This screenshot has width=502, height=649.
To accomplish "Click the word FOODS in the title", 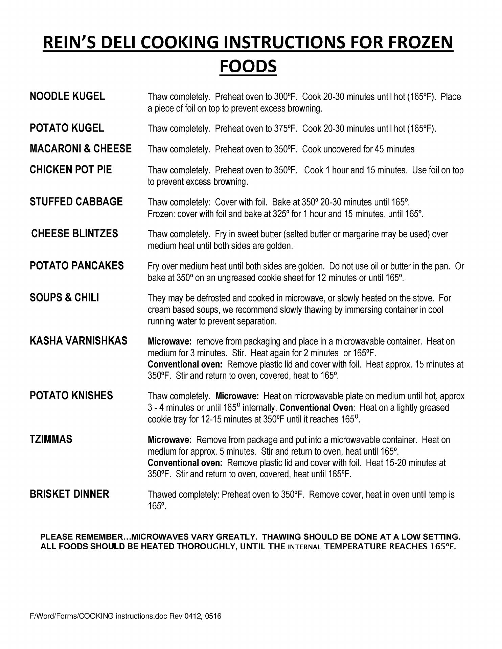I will click(x=248, y=66).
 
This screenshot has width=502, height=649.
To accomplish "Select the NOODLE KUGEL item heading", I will click(x=67, y=96).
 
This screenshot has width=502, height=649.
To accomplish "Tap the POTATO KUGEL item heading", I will click(x=67, y=128).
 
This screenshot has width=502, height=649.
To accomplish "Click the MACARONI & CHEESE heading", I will click(x=81, y=149).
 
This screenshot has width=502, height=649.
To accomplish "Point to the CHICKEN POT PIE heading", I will click(x=71, y=170).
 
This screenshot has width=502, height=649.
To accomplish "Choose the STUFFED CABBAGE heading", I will click(x=76, y=202).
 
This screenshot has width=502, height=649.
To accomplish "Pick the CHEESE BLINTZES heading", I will click(x=74, y=234).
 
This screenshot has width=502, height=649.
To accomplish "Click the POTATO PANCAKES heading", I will click(x=77, y=266).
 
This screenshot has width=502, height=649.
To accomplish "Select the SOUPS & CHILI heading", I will click(x=64, y=298).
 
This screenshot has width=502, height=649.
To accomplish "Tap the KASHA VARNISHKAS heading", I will click(x=78, y=341).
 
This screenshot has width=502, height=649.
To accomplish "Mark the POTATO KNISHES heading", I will click(x=71, y=395).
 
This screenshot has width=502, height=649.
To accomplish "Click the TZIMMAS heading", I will click(x=51, y=439).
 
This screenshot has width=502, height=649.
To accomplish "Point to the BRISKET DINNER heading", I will click(x=69, y=494).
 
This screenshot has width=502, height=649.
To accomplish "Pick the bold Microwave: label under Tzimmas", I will click(x=170, y=440).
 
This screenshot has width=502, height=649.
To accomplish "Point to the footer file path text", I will click(x=125, y=616).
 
